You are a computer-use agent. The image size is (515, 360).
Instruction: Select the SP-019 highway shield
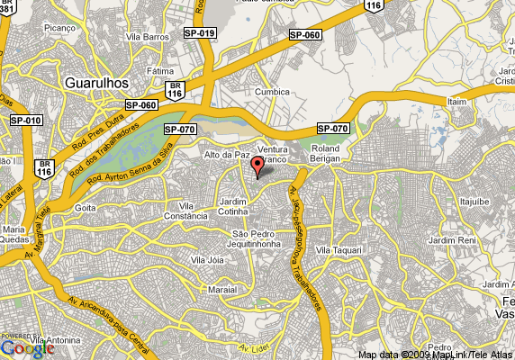[x=200, y=32]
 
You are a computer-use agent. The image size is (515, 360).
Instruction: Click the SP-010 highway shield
[x=26, y=120]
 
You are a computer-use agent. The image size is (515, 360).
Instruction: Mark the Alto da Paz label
[x=226, y=155]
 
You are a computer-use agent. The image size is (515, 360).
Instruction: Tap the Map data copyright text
[x=433, y=354]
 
